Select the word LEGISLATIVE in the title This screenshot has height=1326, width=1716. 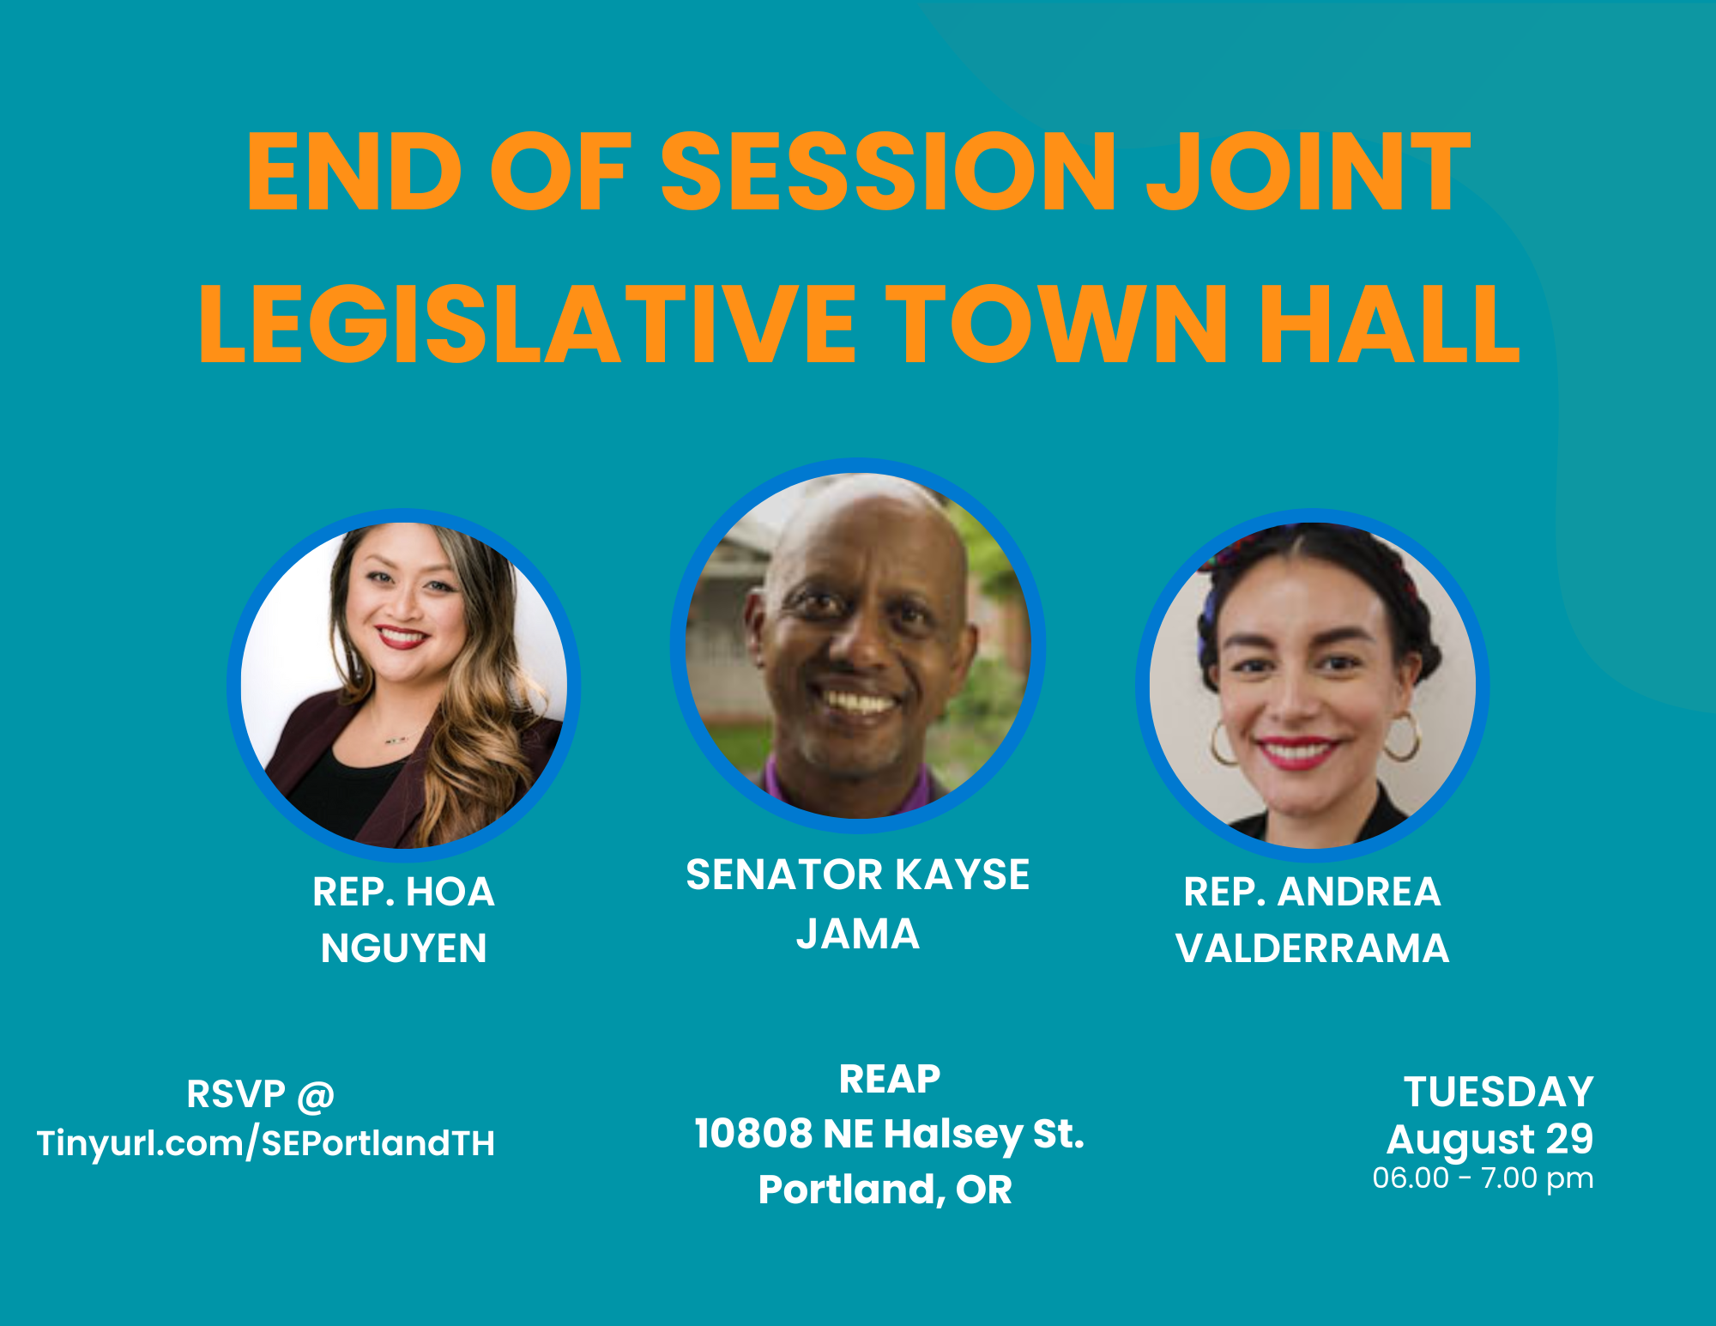[528, 324]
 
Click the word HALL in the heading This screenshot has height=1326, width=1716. [1389, 324]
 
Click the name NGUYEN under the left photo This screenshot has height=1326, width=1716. [404, 948]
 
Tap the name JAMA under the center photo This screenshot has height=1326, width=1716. [858, 934]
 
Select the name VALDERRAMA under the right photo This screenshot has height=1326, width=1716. [1313, 948]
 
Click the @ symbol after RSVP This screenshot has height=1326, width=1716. [316, 1096]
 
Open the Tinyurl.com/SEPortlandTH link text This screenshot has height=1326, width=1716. [266, 1143]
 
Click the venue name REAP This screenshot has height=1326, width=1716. [890, 1079]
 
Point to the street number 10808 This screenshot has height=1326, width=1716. [753, 1134]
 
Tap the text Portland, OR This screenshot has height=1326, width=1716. [885, 1190]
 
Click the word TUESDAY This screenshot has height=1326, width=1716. [1499, 1093]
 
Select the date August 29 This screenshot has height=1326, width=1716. [1490, 1140]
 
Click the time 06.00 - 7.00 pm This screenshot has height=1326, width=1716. [1483, 1178]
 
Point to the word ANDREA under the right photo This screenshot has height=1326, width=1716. [1360, 892]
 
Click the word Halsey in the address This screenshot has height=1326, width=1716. [953, 1135]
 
